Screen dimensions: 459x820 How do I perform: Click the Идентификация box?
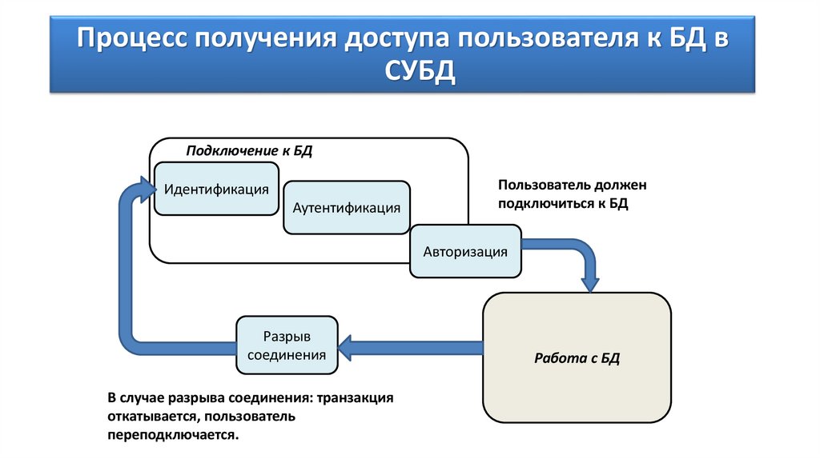pyautogui.click(x=216, y=190)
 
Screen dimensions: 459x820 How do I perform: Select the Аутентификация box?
pyautogui.click(x=346, y=208)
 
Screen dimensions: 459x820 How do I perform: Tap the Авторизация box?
pyautogui.click(x=465, y=252)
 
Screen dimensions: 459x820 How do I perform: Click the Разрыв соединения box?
pyautogui.click(x=287, y=345)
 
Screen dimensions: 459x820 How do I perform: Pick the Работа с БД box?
pyautogui.click(x=577, y=357)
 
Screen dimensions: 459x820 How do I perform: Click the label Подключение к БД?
pyautogui.click(x=249, y=152)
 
